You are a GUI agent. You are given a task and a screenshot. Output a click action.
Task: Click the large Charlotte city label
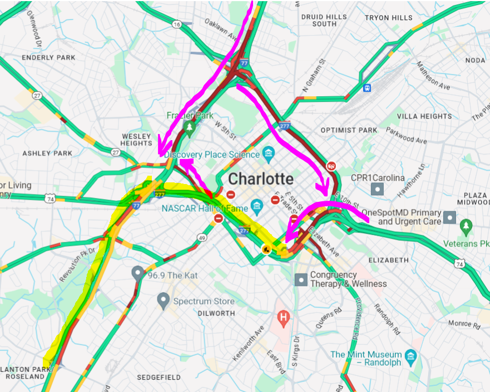(x=261, y=179)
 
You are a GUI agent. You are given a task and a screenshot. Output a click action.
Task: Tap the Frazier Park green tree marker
(x=190, y=128)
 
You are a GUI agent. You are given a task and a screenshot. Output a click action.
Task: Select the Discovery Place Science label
(x=212, y=155)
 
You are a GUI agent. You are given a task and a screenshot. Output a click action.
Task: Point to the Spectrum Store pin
(x=163, y=301)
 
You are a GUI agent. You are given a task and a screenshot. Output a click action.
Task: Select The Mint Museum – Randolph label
(x=366, y=359)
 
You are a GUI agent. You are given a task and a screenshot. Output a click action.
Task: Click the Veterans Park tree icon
(x=466, y=227)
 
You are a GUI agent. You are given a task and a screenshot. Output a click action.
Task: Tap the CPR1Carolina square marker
(x=378, y=189)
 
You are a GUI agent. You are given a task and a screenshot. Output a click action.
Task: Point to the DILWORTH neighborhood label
(x=216, y=314)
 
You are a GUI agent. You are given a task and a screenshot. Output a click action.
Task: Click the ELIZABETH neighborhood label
(x=388, y=260)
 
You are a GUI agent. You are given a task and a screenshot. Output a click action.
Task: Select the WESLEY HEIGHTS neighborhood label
(x=136, y=140)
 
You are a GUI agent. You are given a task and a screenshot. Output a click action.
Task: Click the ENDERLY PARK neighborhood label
(x=48, y=57)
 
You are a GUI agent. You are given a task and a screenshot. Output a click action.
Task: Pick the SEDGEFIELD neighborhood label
(x=160, y=377)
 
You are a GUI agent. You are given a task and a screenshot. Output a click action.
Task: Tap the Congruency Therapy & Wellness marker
(x=301, y=279)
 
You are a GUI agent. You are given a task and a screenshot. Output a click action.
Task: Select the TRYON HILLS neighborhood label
(x=389, y=18)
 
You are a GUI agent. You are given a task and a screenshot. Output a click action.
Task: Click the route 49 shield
(x=201, y=237)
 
